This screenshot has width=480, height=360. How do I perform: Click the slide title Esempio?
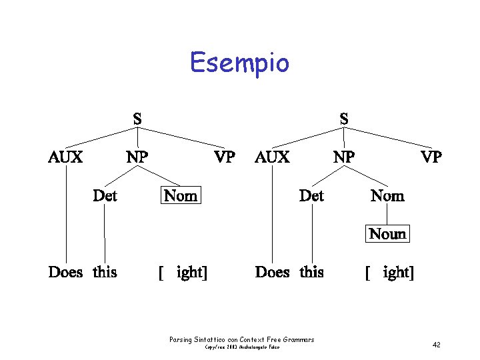(239, 63)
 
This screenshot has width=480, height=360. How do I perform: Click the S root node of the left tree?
(137, 119)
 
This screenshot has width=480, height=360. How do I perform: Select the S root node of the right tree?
(343, 119)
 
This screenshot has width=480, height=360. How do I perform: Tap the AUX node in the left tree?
(65, 157)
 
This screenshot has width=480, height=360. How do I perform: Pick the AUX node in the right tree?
(272, 157)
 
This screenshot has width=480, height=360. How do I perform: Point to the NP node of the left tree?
(137, 157)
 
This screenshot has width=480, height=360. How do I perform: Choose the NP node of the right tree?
(344, 157)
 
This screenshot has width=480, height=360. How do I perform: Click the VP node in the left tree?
(224, 157)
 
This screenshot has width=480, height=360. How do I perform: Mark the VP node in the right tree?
(431, 157)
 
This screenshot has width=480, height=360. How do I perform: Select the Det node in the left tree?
(105, 196)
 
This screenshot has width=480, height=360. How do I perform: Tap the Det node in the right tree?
(311, 196)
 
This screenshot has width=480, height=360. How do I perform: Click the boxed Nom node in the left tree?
(181, 196)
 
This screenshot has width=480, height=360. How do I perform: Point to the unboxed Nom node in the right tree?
(387, 196)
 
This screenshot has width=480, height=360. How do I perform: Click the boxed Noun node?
(387, 234)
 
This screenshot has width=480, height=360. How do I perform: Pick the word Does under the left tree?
(65, 272)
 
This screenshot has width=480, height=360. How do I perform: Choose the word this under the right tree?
(311, 272)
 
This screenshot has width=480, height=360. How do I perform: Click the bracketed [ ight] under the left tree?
(182, 272)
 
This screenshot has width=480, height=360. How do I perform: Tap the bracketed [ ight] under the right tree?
(389, 272)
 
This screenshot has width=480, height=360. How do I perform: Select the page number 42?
(437, 345)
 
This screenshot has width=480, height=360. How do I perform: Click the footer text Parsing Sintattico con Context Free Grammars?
(241, 340)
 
